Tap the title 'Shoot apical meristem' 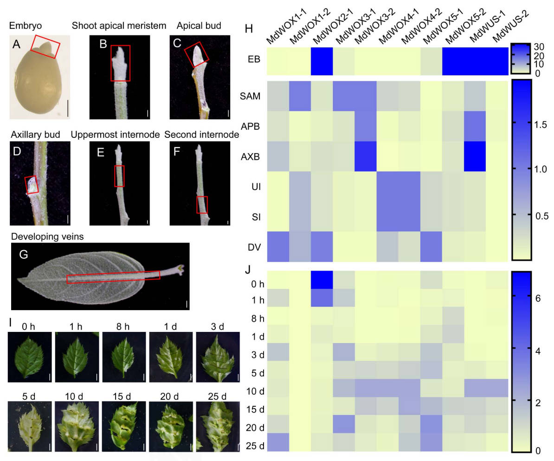click(119, 26)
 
